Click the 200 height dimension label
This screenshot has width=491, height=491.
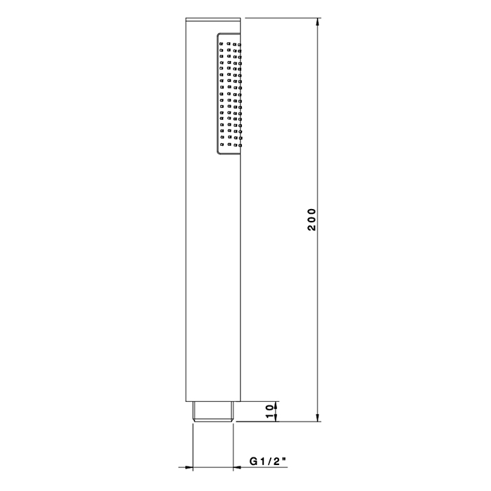coord(311,220)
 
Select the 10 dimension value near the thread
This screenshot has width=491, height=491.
coord(269,411)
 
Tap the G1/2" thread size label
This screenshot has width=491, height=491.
coord(268,461)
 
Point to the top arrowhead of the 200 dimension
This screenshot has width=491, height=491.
coord(318,22)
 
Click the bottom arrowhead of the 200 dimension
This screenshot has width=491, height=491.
coord(318,417)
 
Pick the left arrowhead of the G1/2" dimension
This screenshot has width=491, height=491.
coord(189,468)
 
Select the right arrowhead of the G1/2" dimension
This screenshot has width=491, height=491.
coord(237,468)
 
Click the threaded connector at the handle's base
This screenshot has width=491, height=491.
coord(213,412)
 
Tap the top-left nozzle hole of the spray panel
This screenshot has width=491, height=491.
coord(222,43)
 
